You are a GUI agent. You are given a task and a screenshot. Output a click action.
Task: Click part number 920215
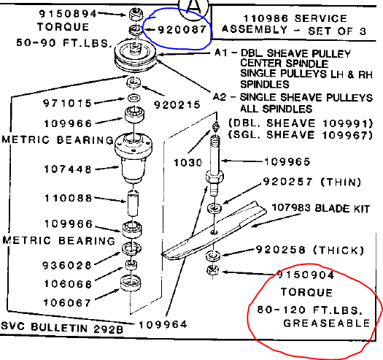[177, 105]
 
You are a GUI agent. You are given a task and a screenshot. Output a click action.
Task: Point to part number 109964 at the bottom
[163, 323]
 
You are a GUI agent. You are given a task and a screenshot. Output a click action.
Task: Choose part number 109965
[265, 161]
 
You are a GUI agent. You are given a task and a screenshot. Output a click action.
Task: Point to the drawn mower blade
[219, 230]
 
